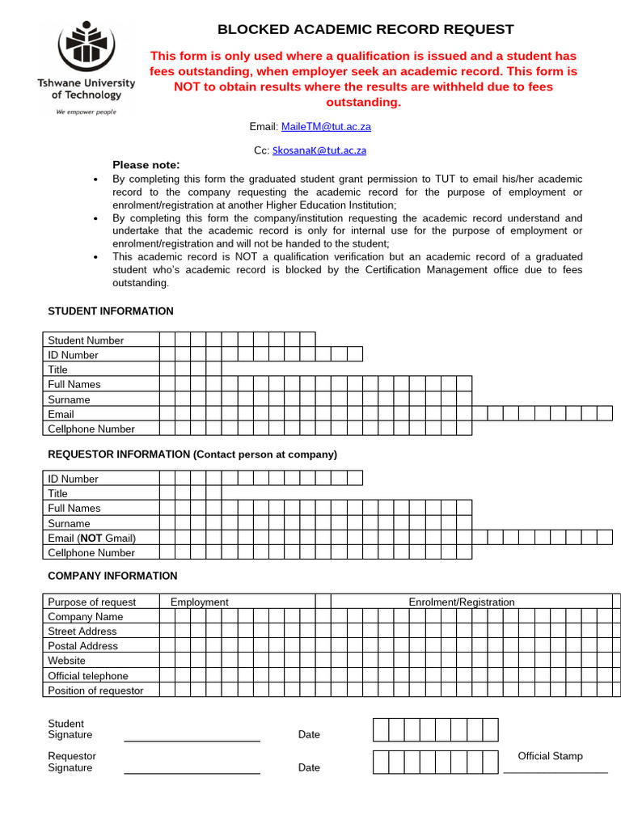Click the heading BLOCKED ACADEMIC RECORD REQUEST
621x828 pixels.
pos(365,30)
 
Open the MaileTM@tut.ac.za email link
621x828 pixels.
pos(326,127)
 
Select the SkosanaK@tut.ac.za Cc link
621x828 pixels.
pos(319,150)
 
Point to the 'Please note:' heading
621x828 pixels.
pos(146,165)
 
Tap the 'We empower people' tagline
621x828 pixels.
pos(86,112)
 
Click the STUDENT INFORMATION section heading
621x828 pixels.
pos(111,311)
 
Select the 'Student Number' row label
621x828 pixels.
pos(86,340)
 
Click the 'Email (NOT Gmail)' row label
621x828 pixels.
pos(92,539)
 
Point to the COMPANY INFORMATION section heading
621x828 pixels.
pos(112,577)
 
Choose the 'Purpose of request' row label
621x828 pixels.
pos(92,602)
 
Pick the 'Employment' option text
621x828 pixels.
pos(200,602)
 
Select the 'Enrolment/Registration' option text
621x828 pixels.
pos(462,602)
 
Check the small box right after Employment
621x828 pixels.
pos(323,602)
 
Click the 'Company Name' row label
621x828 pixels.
pos(86,617)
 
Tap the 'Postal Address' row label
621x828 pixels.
pos(82,647)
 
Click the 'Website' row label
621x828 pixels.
pos(66,661)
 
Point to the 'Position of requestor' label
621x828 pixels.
pos(95,691)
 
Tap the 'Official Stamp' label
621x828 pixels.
pos(550,757)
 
